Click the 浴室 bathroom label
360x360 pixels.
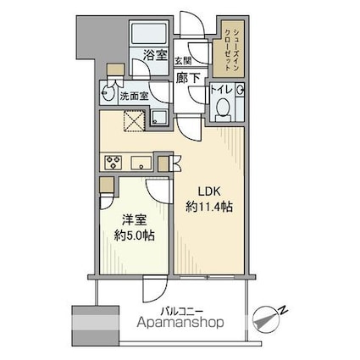[155, 55]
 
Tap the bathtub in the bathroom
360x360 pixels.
[149, 34]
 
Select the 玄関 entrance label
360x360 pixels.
[183, 60]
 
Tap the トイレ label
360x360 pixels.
[221, 90]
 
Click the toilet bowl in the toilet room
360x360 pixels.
[224, 108]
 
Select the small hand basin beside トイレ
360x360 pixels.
[240, 90]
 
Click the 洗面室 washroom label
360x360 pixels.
[134, 97]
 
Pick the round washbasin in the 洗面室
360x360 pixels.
[108, 91]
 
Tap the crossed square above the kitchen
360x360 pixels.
[136, 121]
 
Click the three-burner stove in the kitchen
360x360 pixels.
[113, 163]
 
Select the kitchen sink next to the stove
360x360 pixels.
[141, 163]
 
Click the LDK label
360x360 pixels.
[209, 192]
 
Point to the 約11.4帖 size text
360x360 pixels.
[209, 208]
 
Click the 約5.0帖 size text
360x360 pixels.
[134, 235]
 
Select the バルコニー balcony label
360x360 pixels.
[182, 312]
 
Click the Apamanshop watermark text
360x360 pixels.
[180, 323]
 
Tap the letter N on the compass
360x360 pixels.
[283, 310]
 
